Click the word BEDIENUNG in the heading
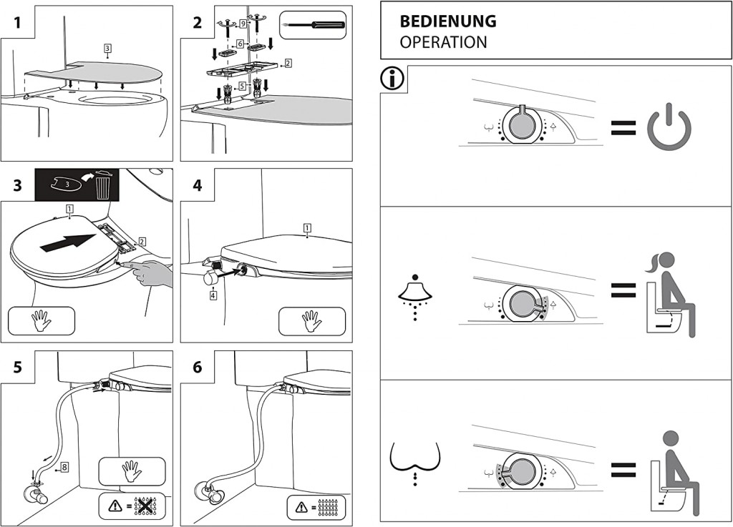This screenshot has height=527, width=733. pos(447,21)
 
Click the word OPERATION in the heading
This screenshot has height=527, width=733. pos(443,42)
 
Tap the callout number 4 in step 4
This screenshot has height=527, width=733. pos(213,295)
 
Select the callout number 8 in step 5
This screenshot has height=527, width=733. pos(64,467)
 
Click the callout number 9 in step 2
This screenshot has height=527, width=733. pos(243,24)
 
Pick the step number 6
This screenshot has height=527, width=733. pos(197,368)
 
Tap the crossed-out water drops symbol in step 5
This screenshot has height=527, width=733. pos(145,506)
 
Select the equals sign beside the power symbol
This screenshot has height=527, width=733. pos(623,127)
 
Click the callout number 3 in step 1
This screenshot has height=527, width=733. pos(107,49)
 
